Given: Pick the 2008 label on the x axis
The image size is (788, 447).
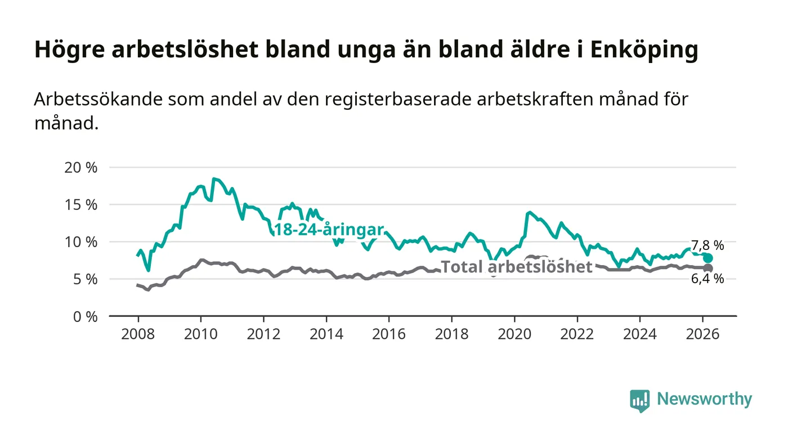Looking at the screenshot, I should (138, 334).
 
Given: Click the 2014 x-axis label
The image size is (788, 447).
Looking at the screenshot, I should (326, 334).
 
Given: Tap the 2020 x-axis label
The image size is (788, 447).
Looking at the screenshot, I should (514, 334).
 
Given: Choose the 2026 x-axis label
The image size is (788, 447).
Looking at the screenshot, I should (703, 334).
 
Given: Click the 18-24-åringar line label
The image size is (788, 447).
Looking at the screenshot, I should (328, 230).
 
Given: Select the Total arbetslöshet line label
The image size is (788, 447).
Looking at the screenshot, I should (517, 266).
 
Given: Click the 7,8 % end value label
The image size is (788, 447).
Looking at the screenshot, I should (708, 245).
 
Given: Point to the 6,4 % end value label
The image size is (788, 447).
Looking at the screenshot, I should (708, 279).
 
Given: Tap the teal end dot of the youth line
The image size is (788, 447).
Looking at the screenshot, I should (708, 258).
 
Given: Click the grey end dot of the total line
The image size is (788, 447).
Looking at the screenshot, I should (709, 268).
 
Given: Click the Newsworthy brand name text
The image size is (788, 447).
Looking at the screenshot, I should (704, 400).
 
